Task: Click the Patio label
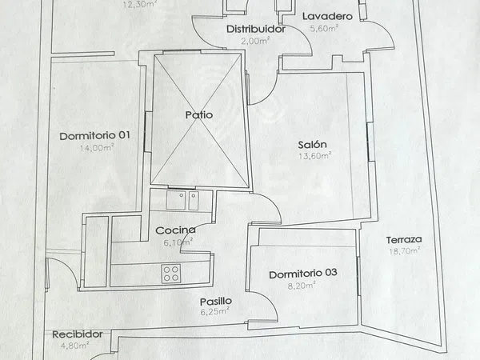pos(199,115)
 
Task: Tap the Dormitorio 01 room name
pos(95,136)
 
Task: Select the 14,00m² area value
pos(97,148)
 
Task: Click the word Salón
pos(312,145)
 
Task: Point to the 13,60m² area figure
pos(315,156)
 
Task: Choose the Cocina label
pos(175,230)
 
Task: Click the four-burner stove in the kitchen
pos(171,274)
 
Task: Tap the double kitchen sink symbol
pos(182,200)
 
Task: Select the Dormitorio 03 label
pos(303,274)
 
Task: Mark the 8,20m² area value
pos(302,286)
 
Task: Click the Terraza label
pos(404,240)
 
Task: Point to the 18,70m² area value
pos(404,251)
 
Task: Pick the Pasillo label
pos(216,302)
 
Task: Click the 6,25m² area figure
pos(215,312)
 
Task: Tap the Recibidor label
pos(78,334)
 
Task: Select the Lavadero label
pos(327,16)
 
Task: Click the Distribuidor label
pos(256,29)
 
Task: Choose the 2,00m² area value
pos(255,41)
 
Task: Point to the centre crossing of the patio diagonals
pos(200,119)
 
